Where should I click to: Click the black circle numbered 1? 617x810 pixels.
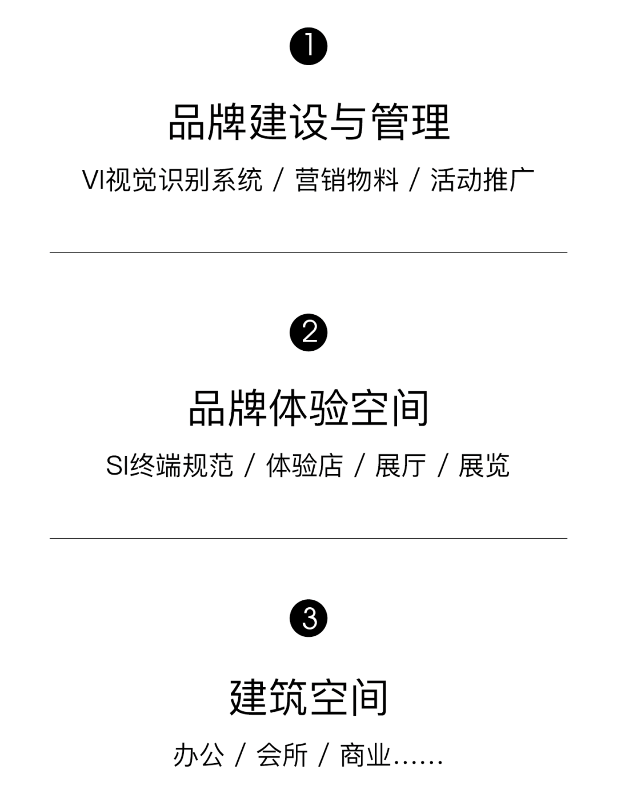point(308,46)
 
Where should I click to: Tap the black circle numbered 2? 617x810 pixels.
point(308,332)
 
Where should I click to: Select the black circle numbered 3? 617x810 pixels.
point(308,618)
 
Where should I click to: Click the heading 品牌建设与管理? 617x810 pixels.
point(309,122)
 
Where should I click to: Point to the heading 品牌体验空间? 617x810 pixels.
point(308,408)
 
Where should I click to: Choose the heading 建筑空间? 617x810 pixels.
point(308,697)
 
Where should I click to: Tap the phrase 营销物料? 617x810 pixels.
point(347,181)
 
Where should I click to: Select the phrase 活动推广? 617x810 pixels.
point(482,181)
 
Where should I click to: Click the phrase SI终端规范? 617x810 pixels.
point(170,466)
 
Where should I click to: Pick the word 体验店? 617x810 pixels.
point(305,466)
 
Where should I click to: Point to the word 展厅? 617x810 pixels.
point(400,466)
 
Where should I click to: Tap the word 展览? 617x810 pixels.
point(484,466)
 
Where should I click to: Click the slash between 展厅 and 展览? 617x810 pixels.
point(443,466)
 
